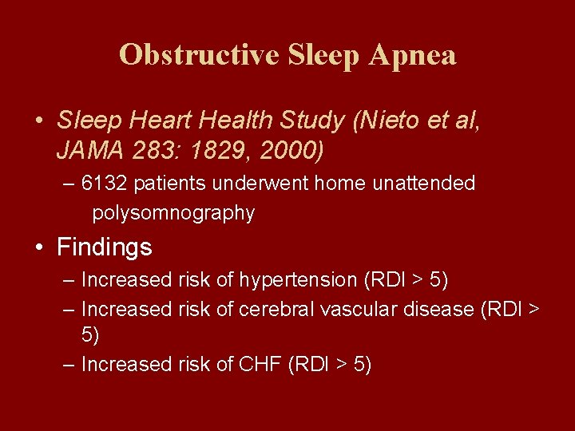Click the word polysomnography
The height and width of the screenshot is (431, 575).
pyautogui.click(x=173, y=213)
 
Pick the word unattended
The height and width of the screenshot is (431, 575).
pyautogui.click(x=423, y=184)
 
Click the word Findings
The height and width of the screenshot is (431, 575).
pyautogui.click(x=104, y=247)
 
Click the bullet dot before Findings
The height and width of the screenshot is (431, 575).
pyautogui.click(x=39, y=247)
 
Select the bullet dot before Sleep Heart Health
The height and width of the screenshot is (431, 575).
pyautogui.click(x=39, y=121)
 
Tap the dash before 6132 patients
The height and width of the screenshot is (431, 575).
pyautogui.click(x=69, y=184)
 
